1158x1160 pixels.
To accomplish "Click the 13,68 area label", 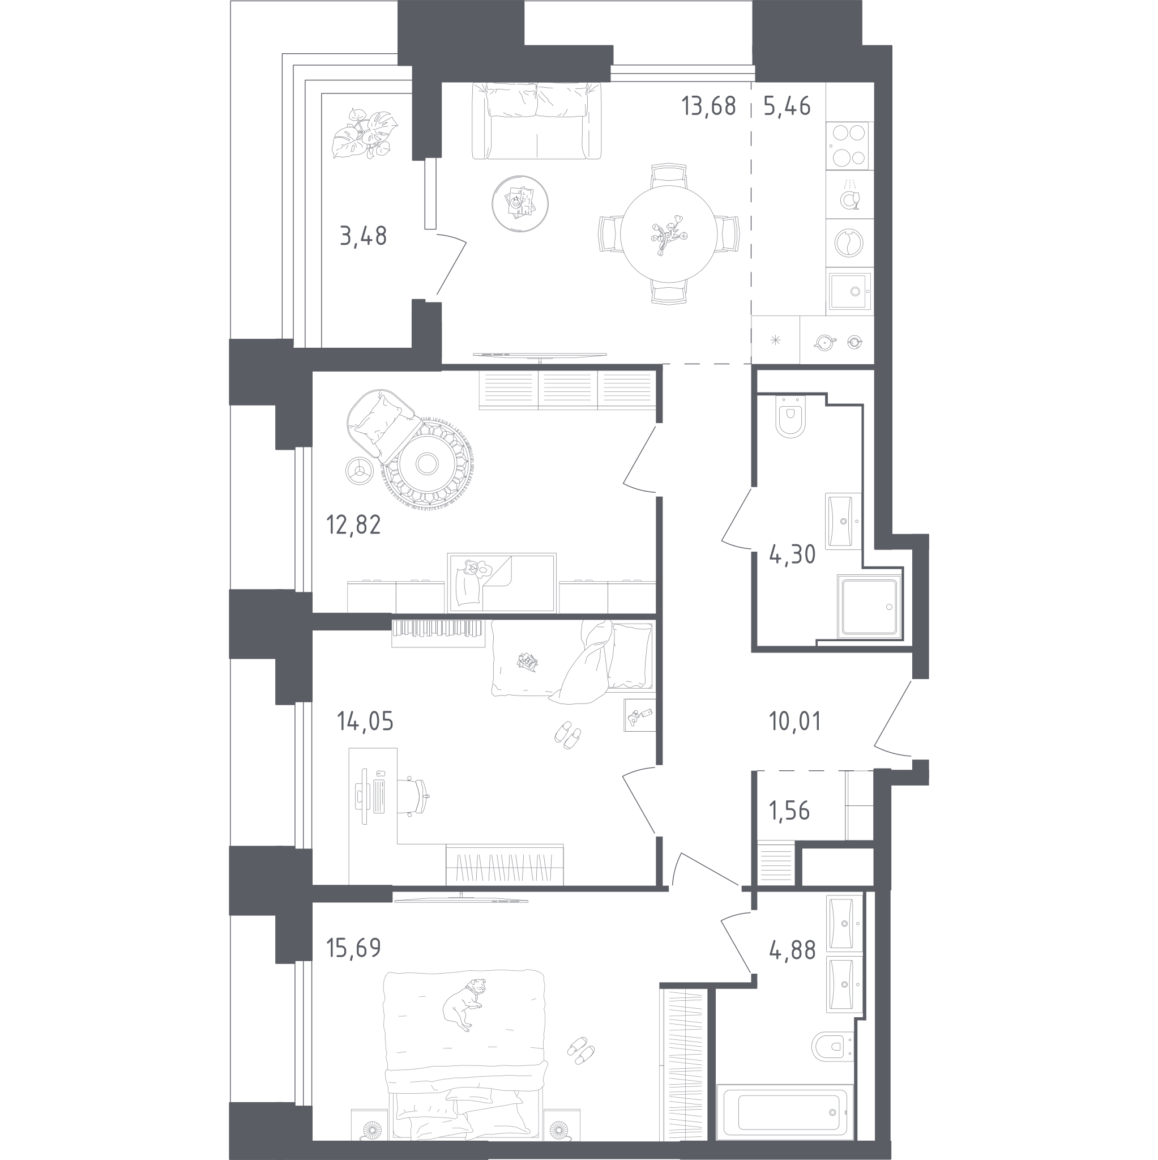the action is tap(708, 106).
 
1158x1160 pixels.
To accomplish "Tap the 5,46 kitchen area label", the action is tap(787, 106).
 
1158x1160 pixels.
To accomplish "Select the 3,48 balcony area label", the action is tap(363, 236).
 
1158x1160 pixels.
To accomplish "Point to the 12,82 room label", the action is tap(353, 524).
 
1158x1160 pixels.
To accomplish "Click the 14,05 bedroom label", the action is tap(366, 721).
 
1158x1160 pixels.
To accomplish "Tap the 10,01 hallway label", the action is tap(795, 721).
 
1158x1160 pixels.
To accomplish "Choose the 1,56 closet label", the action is tap(789, 811).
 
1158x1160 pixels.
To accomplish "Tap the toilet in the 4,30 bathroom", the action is tap(790, 417).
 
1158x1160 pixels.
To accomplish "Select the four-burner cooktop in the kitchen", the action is tap(847, 146).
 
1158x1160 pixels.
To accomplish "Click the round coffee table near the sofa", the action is tap(520, 203).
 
